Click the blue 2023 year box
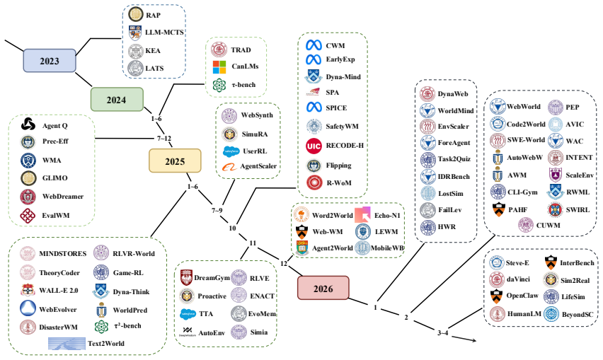50,61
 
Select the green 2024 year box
117,100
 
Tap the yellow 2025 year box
175,161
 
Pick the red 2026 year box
323,288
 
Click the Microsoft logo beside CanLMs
219,67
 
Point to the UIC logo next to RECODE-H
314,146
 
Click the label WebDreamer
63,197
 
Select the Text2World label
106,344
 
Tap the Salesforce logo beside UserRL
231,151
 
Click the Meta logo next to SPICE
314,108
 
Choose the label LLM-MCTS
164,33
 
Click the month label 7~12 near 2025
164,139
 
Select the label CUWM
548,225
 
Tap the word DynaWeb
453,94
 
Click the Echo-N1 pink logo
362,215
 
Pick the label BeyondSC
578,314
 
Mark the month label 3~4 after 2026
442,332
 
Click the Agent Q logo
28,124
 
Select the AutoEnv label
212,332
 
